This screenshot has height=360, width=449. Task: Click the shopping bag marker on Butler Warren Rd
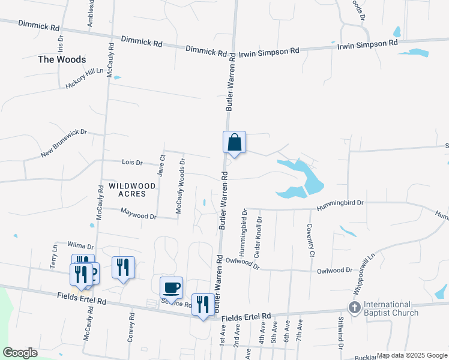pyautogui.click(x=235, y=143)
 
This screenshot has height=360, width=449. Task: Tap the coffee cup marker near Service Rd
pyautogui.click(x=171, y=287)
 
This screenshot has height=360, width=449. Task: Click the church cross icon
pyautogui.click(x=354, y=308)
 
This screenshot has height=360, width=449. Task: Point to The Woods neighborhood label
pyautogui.click(x=62, y=59)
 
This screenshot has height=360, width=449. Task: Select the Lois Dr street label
pyautogui.click(x=131, y=163)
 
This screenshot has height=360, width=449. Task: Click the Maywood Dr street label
pyautogui.click(x=138, y=212)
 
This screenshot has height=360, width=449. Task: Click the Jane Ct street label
pyautogui.click(x=161, y=165)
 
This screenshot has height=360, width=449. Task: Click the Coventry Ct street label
pyautogui.click(x=311, y=239)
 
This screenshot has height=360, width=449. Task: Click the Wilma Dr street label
pyautogui.click(x=81, y=246)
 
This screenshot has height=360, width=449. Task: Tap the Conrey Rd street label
pyautogui.click(x=131, y=327)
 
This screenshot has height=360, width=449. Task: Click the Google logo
pyautogui.click(x=20, y=352)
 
